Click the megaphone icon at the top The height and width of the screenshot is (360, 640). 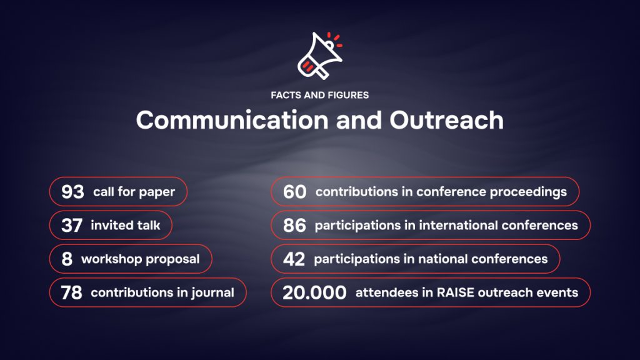point(319,56)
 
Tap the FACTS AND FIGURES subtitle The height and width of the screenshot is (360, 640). point(319,95)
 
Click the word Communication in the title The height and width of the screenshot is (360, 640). point(232,120)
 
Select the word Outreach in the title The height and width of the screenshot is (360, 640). point(446,120)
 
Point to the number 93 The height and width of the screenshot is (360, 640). point(72,191)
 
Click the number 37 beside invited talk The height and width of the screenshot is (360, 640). point(72,225)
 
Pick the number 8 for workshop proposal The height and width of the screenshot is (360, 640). point(67,259)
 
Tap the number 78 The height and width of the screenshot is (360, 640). point(71,292)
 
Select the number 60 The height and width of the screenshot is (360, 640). point(294,192)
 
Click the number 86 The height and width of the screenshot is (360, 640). point(294,225)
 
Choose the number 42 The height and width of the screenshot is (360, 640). point(294,259)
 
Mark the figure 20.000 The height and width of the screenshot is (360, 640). point(314,292)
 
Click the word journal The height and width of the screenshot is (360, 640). point(212,292)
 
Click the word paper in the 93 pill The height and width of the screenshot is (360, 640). point(157,192)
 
